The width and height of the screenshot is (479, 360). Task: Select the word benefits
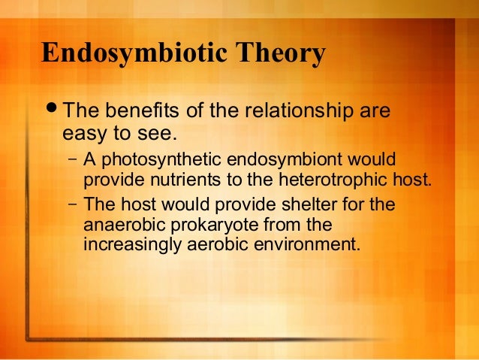(138, 113)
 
